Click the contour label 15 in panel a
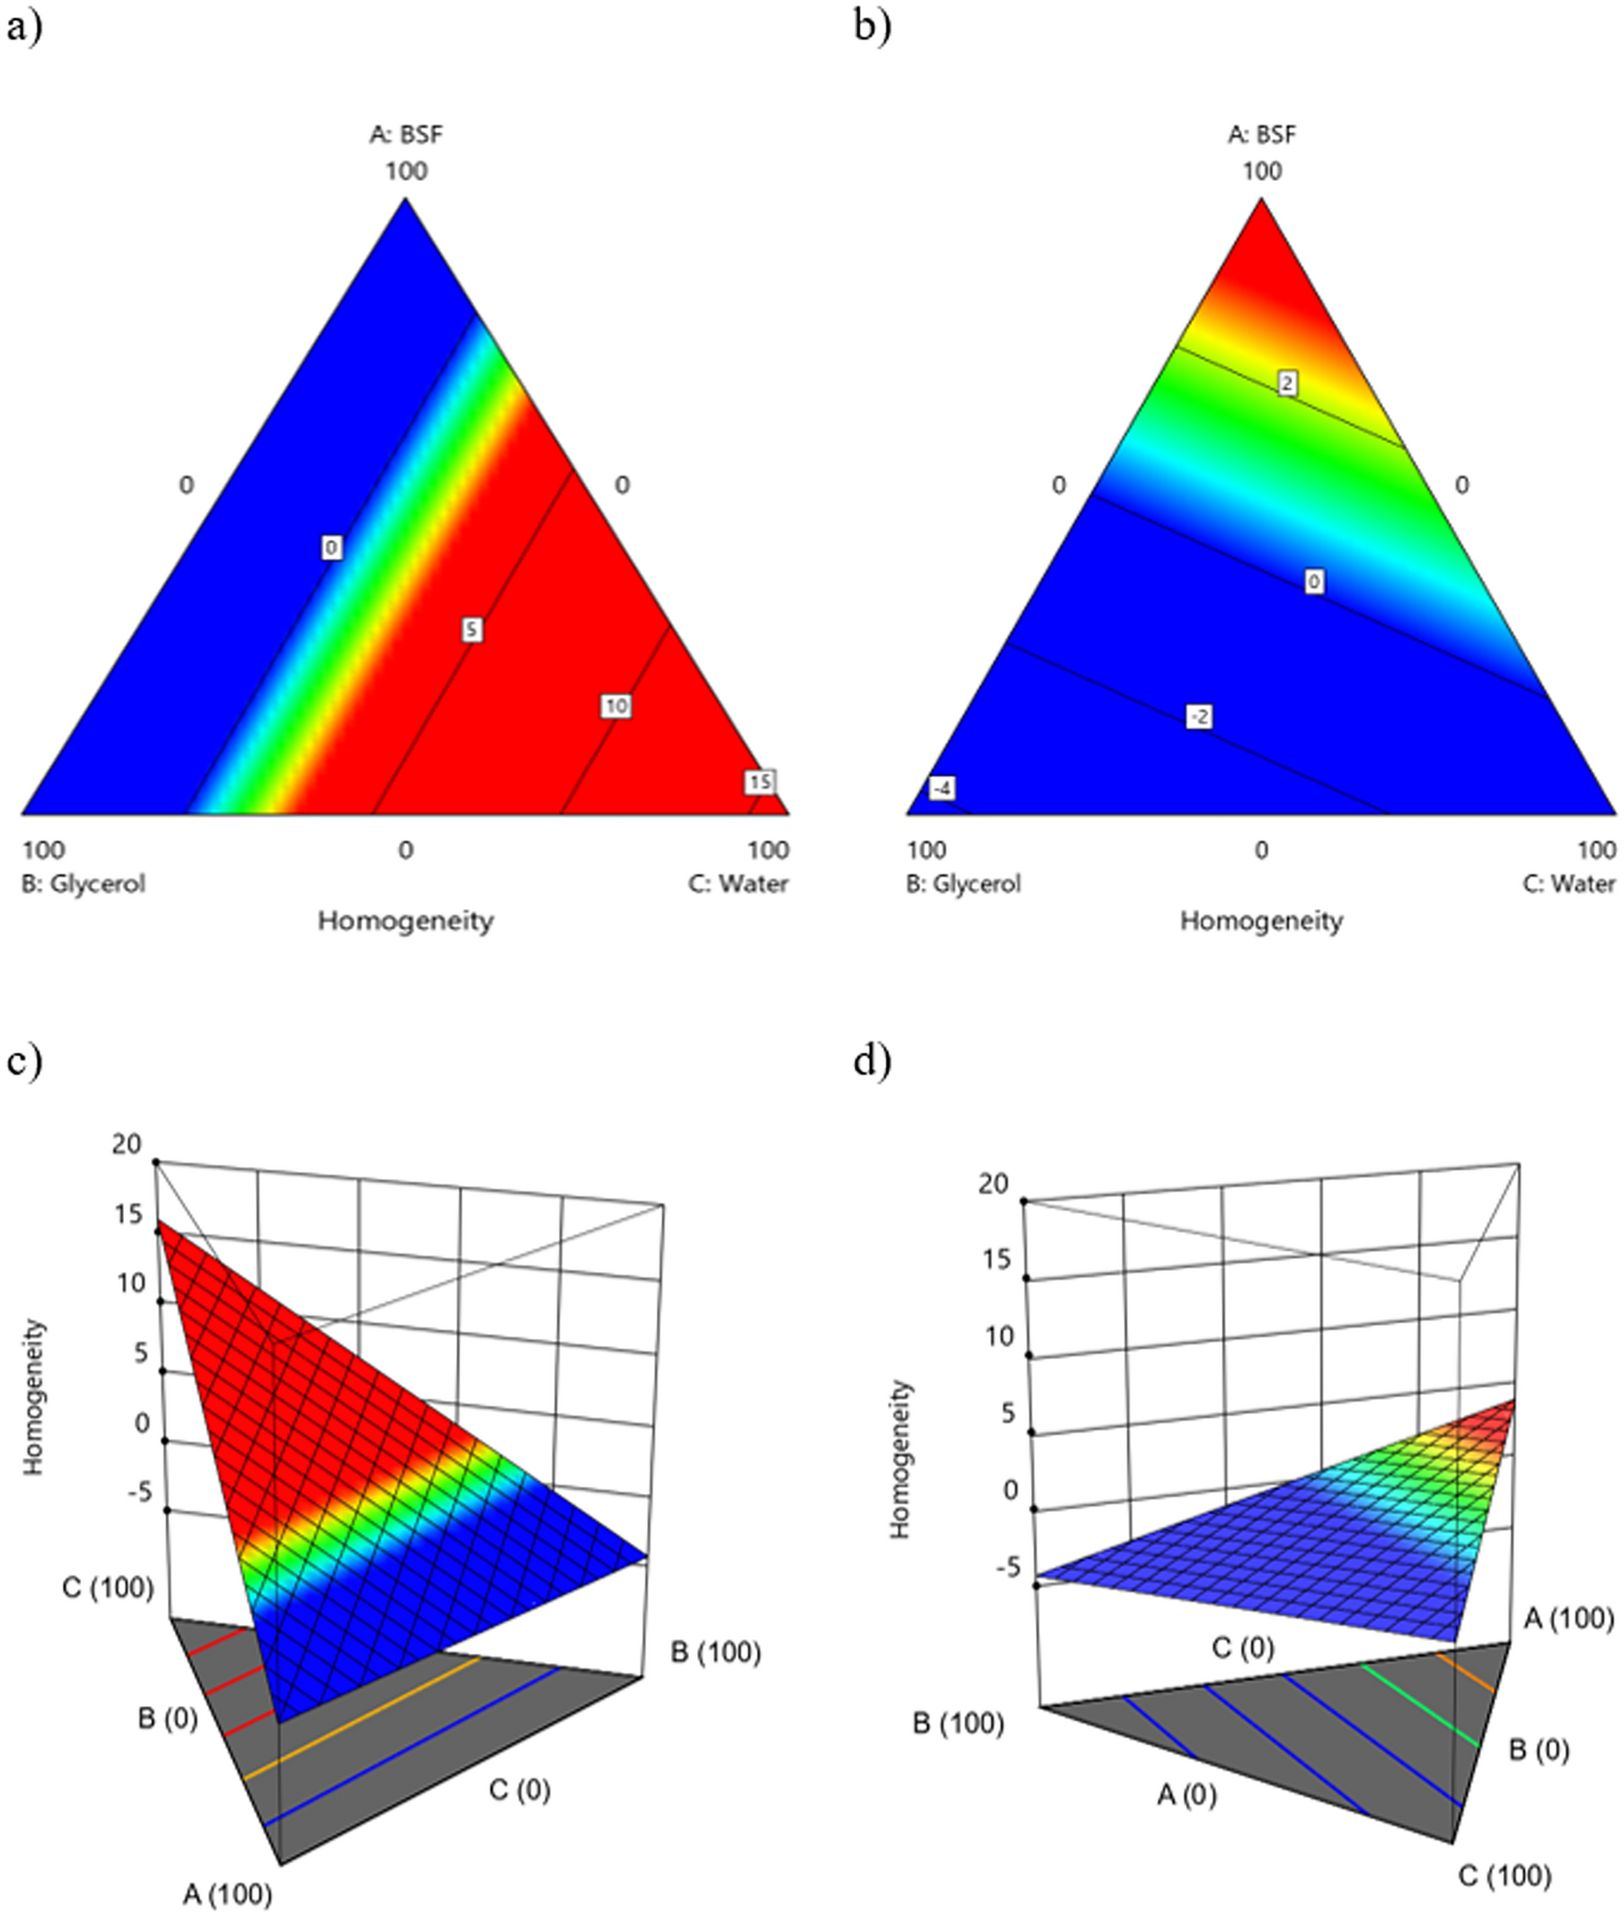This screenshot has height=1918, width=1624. pos(760,782)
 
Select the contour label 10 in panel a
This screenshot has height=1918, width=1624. pos(616,707)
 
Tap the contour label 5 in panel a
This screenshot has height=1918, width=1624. pos(472,630)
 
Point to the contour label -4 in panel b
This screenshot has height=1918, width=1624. pos(941,788)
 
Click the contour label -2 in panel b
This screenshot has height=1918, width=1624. pos(1198,717)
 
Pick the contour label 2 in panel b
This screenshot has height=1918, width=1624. pos(1288,383)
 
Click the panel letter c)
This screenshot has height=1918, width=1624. pos(24,1062)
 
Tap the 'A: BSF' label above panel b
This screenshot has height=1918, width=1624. pos(1262,135)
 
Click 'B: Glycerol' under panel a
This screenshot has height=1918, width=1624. pos(83,884)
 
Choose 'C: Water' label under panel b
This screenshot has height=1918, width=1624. pos(1569,884)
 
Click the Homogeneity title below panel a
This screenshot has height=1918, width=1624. pos(406,920)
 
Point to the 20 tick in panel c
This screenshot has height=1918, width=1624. pos(127,1144)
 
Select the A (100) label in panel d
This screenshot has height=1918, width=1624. pos(1569,1618)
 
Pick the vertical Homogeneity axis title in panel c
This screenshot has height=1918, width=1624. pos(35,1397)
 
